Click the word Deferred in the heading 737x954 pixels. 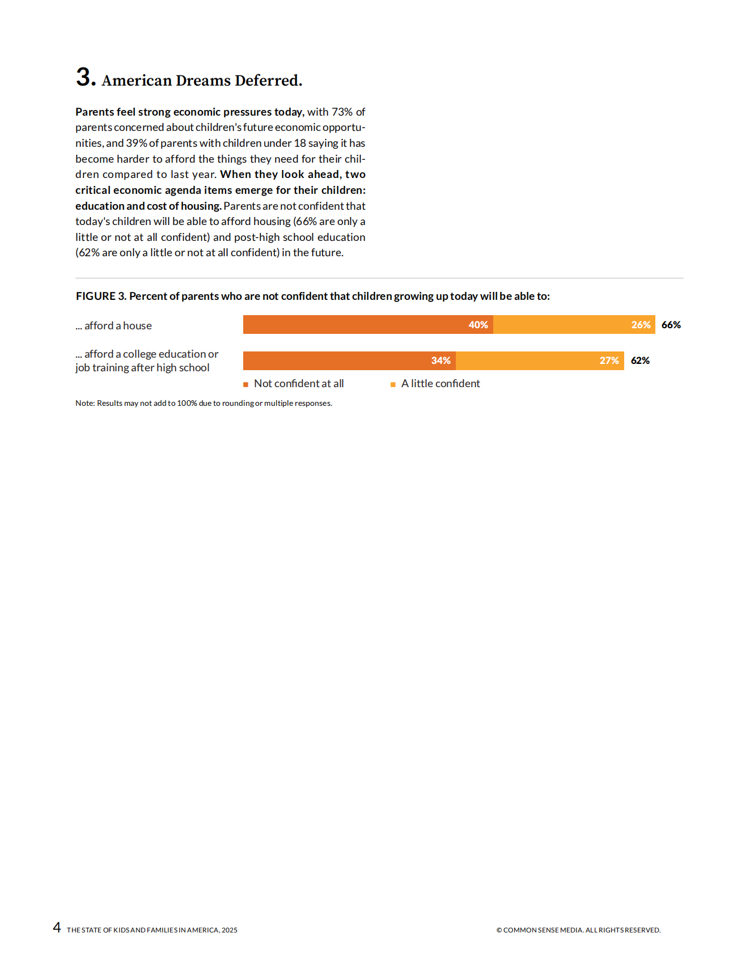coord(267,80)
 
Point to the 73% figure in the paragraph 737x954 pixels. coord(342,112)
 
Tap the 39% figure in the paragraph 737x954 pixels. coord(137,143)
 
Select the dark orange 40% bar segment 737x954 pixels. coord(368,325)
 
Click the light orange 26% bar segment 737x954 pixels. coord(574,325)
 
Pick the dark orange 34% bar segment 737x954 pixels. coord(349,361)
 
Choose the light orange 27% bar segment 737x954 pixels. coord(540,361)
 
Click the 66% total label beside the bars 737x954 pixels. coord(671,325)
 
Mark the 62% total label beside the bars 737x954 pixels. coord(640,361)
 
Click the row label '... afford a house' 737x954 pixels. coord(114,325)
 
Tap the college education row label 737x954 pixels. coord(147,361)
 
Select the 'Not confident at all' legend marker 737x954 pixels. coord(246,384)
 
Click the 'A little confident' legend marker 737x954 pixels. coord(393,384)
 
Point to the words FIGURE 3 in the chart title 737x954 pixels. coord(101,296)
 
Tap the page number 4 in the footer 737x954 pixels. coord(57,927)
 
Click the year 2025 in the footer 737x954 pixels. coord(230,930)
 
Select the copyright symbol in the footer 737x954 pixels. coord(499,930)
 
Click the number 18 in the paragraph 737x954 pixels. coord(300,143)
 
